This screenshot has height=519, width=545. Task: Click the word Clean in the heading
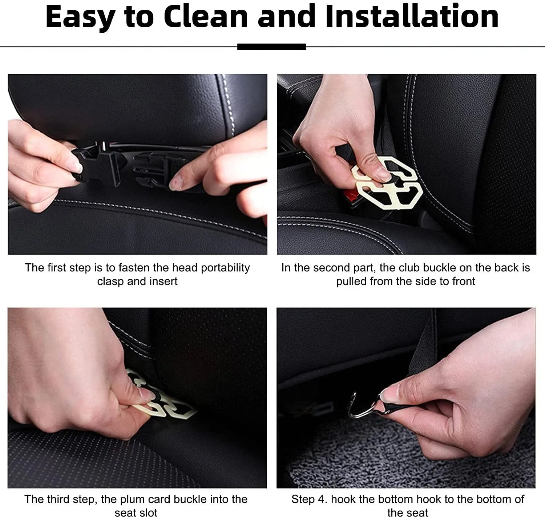click(206, 17)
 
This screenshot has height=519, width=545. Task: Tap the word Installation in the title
click(412, 17)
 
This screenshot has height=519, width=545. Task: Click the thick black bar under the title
click(271, 46)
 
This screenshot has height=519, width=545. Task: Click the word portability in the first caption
click(225, 268)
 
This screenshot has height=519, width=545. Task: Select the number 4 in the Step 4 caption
click(321, 499)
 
